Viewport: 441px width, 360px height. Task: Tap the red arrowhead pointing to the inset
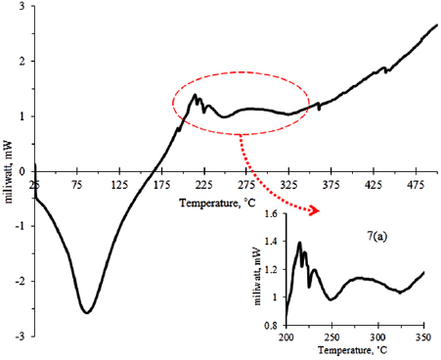(x=320, y=209)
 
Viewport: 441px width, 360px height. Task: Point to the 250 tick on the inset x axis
(x=332, y=335)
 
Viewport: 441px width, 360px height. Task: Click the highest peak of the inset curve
(x=299, y=244)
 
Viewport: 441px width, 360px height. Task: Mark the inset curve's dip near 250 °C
(x=333, y=300)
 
